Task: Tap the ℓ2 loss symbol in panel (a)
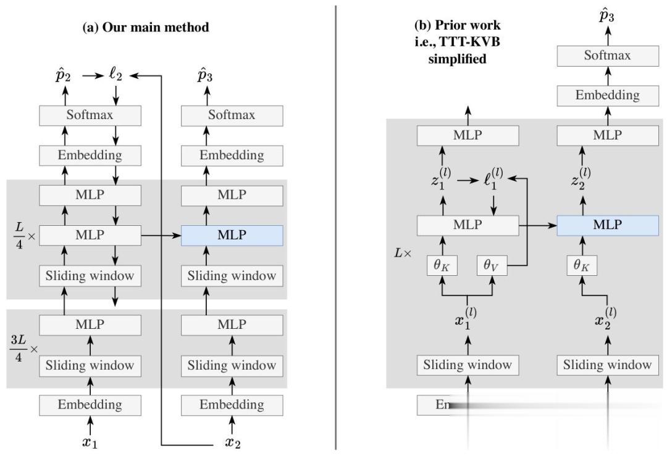[x=115, y=75]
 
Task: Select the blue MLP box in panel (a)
[x=232, y=236]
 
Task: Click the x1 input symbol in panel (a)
[x=91, y=442]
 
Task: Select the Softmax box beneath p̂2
[x=91, y=115]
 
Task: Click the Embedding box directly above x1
[x=91, y=405]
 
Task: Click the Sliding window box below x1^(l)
[x=467, y=365]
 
